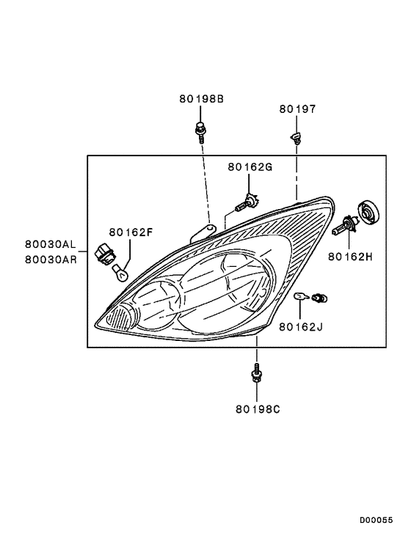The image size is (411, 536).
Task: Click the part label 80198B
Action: [x=202, y=99]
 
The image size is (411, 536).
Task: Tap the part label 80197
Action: [x=297, y=109]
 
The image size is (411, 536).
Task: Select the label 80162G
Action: [x=250, y=167]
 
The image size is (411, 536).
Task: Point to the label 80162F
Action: [x=131, y=232]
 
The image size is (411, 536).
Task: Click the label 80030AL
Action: [x=51, y=244]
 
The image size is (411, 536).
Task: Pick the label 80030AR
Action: [x=51, y=260]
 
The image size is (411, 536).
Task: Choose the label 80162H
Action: [x=350, y=257]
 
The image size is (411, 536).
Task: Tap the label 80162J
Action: [x=301, y=328]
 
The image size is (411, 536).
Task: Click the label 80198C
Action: [x=258, y=409]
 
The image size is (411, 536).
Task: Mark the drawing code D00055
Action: [x=376, y=521]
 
